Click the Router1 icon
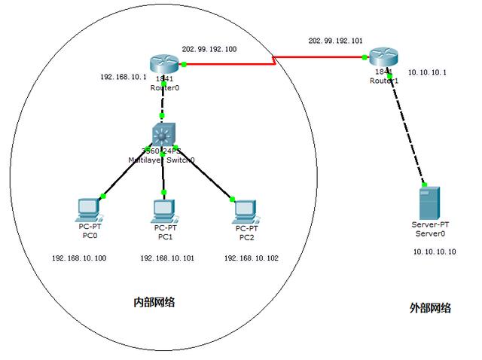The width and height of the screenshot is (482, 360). (380, 57)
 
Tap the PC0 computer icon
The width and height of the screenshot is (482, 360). (90, 208)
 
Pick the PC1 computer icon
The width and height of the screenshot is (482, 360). (163, 209)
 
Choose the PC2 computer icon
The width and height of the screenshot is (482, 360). (246, 209)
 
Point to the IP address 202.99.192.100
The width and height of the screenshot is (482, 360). (209, 49)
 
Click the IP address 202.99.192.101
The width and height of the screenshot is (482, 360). (335, 40)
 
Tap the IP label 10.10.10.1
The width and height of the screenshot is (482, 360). (427, 73)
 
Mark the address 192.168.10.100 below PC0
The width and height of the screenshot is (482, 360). (79, 258)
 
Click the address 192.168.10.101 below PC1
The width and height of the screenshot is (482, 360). (167, 258)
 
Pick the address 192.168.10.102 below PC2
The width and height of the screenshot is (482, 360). (251, 258)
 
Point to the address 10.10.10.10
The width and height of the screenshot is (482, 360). (435, 252)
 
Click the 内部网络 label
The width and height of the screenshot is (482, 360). (154, 302)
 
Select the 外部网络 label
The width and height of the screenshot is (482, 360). (430, 307)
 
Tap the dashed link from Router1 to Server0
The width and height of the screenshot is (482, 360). (407, 128)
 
